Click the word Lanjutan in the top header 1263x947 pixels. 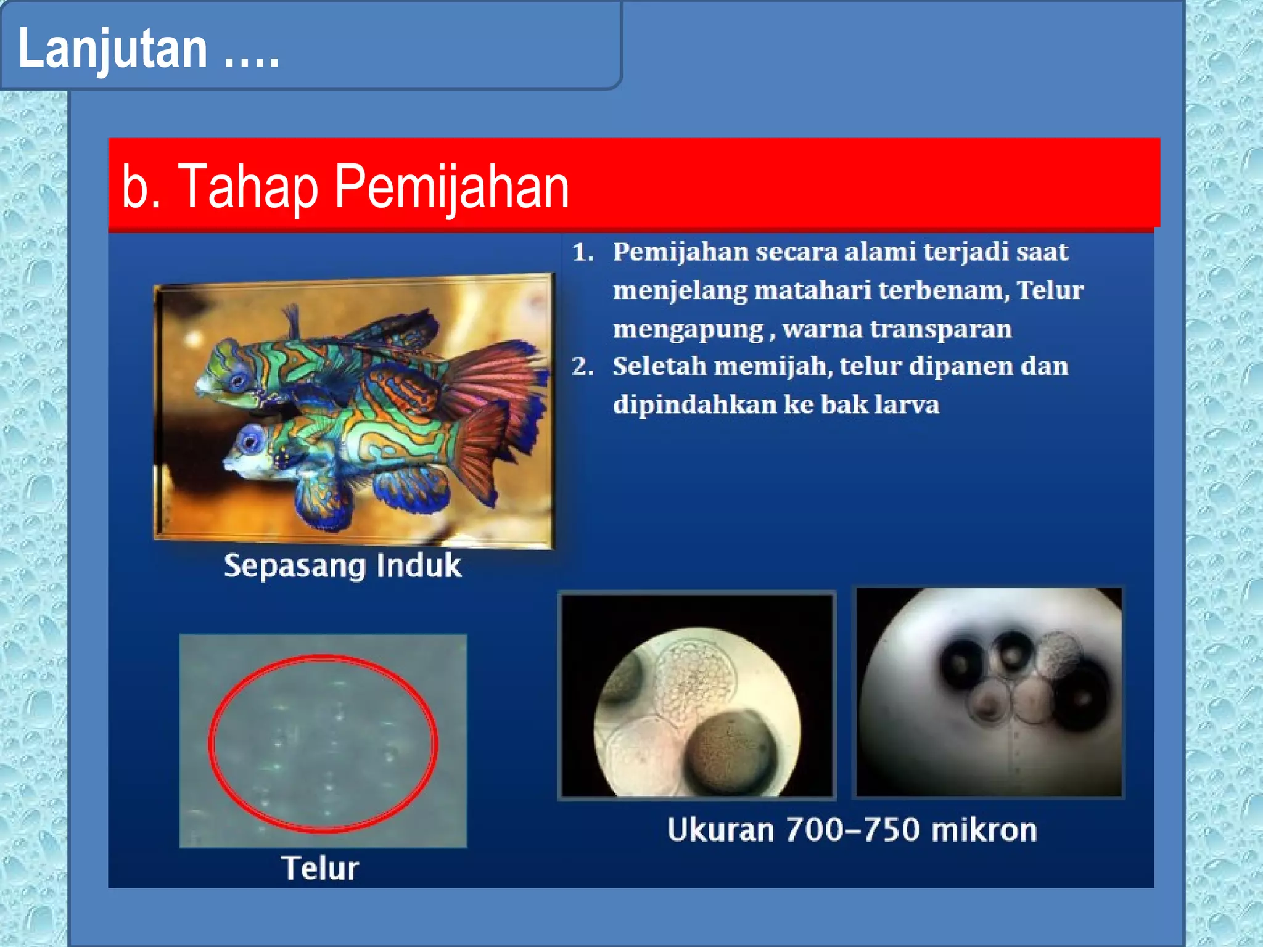tap(113, 49)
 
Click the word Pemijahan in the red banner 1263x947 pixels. tap(451, 187)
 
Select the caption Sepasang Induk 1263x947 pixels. tap(342, 566)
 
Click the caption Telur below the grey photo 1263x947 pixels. tap(320, 868)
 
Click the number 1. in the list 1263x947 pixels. tap(582, 253)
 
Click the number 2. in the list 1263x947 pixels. tap(582, 367)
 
